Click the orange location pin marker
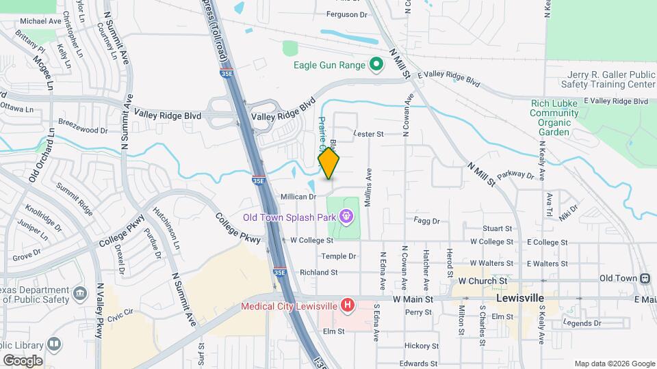pos(328,164)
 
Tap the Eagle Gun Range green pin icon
pos(376,65)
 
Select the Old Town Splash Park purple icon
pos(347,217)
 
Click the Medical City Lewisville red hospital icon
pos(348,305)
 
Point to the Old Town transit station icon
pos(645,278)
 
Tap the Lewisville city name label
pos(520,299)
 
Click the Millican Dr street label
pos(298,197)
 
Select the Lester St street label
pos(368,134)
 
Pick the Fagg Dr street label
pos(427,220)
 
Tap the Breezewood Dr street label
pos(83,130)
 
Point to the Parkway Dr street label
pos(515,176)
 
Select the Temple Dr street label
pos(339,256)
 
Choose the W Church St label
pos(482,281)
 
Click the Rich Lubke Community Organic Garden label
pos(554,118)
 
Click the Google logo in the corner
pos(23,360)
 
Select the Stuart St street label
pos(498,228)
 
